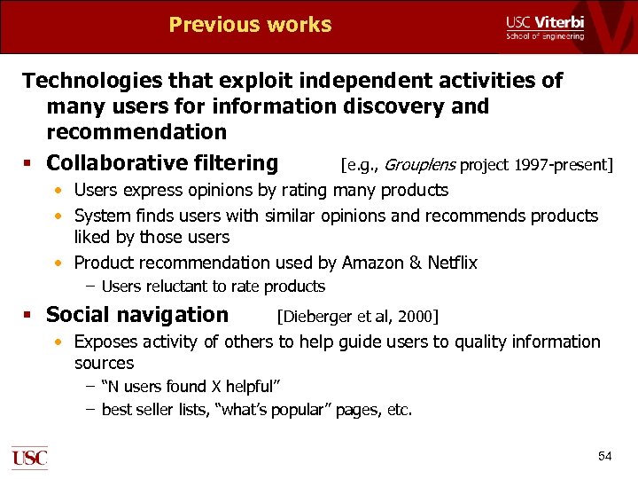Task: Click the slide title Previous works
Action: [250, 25]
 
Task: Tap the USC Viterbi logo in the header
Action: [544, 27]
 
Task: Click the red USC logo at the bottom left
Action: [29, 457]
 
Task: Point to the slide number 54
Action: [604, 456]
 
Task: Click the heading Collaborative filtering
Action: [162, 163]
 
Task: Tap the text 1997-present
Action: [567, 164]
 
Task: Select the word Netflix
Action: [452, 263]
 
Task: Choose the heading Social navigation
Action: [137, 315]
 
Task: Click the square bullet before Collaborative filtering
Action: [30, 164]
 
